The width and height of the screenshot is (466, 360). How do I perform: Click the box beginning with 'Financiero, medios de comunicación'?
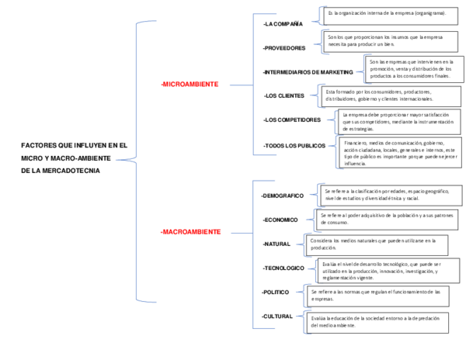(x=399, y=153)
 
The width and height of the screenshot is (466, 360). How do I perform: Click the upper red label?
(x=190, y=84)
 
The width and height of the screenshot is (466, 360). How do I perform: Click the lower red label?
(x=191, y=231)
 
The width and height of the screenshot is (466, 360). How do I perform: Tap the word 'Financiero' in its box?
(x=356, y=144)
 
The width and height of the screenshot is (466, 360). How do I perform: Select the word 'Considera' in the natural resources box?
(x=322, y=241)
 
